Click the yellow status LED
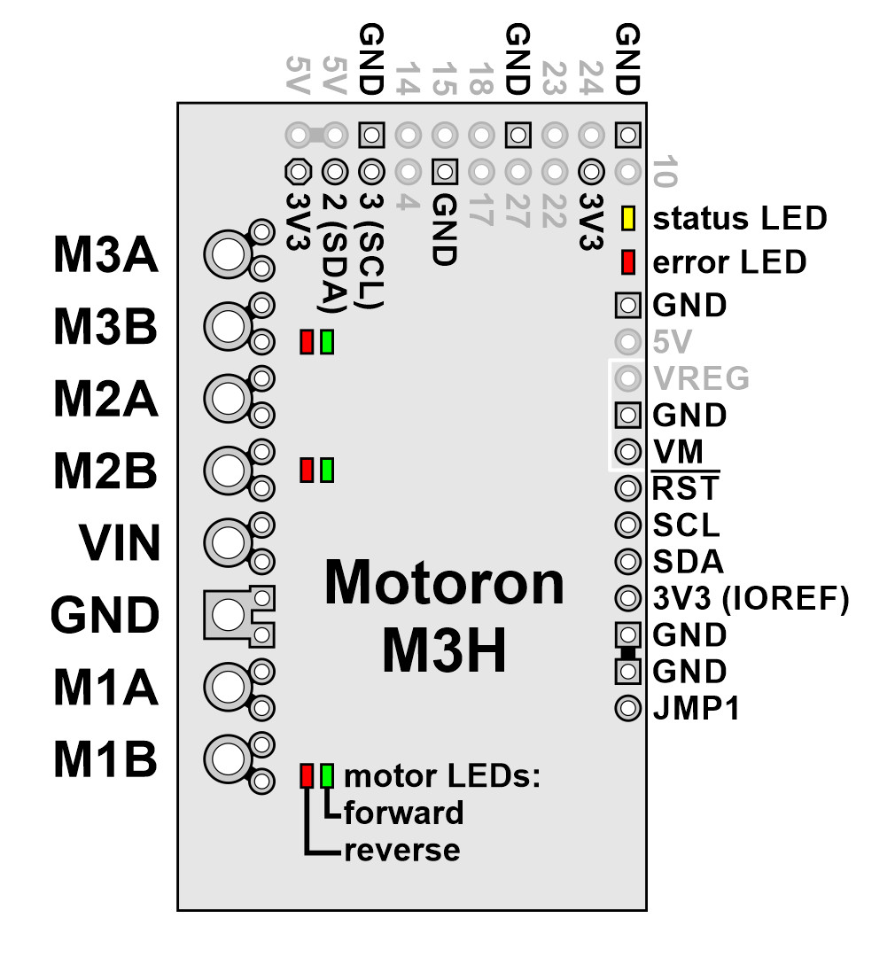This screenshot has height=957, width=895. (627, 218)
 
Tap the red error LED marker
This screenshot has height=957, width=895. (627, 261)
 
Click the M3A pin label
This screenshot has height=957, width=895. (105, 254)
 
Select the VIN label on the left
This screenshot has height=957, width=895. (120, 542)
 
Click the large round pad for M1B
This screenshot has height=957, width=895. (228, 759)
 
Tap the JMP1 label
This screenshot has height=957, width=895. (696, 709)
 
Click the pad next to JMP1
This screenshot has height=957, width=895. (627, 709)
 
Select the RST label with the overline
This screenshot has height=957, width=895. (686, 487)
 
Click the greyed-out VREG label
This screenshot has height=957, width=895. (701, 378)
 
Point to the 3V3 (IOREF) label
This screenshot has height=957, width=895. (751, 599)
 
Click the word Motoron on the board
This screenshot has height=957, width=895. (445, 584)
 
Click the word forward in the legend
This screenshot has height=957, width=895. (403, 813)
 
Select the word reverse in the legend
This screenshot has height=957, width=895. (402, 851)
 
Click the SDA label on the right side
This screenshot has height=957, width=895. (688, 562)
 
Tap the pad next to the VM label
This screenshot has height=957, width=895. (627, 452)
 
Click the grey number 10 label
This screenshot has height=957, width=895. (665, 172)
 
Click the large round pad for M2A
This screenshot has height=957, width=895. (228, 399)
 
